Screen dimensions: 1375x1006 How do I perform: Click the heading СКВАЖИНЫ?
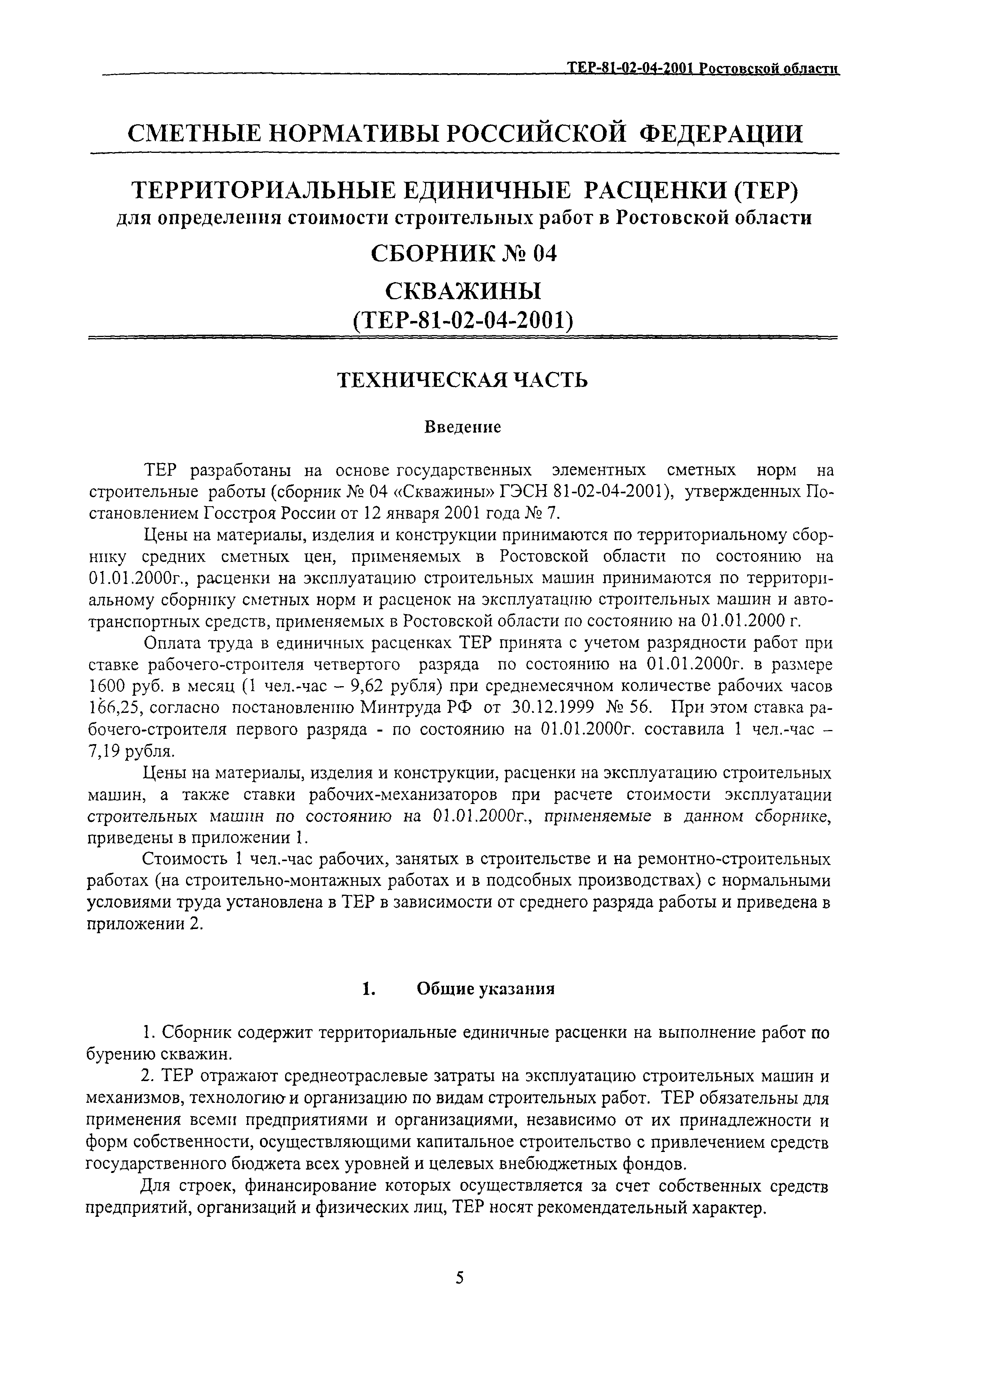pyautogui.click(x=464, y=291)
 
